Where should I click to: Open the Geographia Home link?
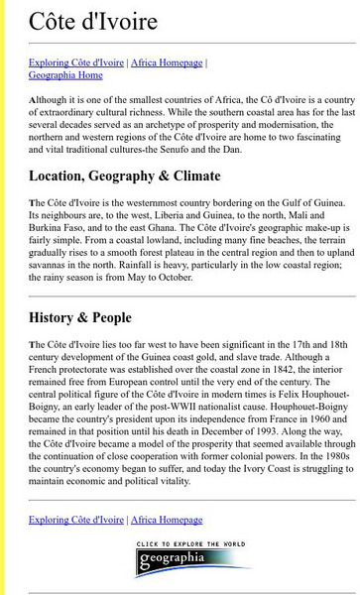click(x=65, y=74)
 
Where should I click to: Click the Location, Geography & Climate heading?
click(x=125, y=177)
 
